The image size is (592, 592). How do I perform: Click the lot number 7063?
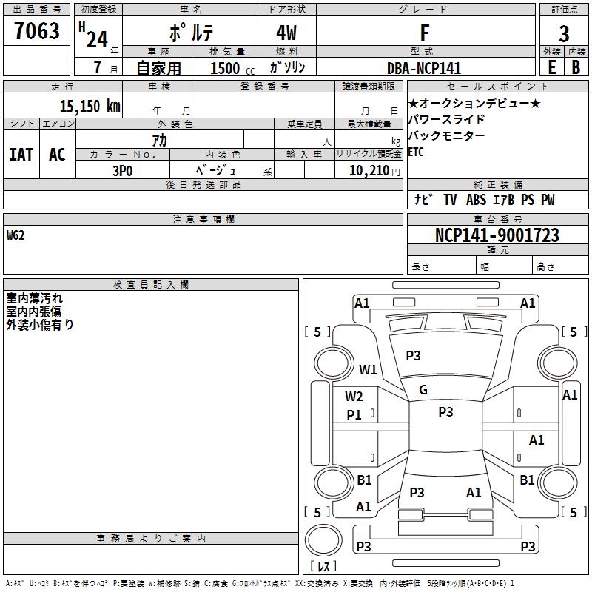(x=37, y=32)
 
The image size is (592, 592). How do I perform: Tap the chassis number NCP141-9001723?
(x=497, y=235)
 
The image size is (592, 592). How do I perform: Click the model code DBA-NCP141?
(x=424, y=68)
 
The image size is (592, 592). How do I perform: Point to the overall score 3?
(x=564, y=33)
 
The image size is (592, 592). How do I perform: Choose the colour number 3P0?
(x=122, y=169)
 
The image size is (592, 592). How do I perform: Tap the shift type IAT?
(x=21, y=154)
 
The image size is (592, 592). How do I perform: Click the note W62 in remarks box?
(x=16, y=236)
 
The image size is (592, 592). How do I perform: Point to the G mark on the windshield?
(x=423, y=390)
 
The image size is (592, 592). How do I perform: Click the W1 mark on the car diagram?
(x=368, y=369)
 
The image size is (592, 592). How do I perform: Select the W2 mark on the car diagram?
(x=354, y=397)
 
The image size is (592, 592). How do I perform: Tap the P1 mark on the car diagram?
(x=354, y=415)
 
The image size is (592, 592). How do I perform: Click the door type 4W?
(x=288, y=33)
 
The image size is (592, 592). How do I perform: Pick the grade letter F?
(x=424, y=33)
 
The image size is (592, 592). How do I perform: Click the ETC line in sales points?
(x=416, y=152)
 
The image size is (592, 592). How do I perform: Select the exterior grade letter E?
(x=551, y=68)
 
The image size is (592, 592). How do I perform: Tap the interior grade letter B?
(x=576, y=68)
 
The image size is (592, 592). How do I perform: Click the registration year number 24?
(x=96, y=38)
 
